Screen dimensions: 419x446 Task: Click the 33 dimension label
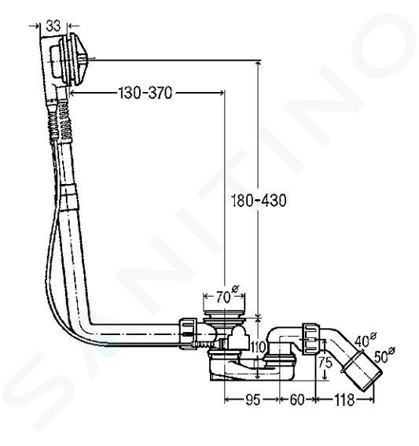click(53, 26)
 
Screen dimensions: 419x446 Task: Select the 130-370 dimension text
click(145, 93)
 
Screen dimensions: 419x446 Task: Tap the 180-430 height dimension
click(259, 201)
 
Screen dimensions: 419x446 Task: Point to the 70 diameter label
click(226, 296)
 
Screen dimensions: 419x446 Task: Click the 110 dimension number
click(258, 348)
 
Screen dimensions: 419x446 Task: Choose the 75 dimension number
click(325, 363)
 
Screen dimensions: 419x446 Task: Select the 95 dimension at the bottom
click(252, 400)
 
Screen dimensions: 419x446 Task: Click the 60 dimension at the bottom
click(297, 400)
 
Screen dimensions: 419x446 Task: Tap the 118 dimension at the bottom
click(344, 400)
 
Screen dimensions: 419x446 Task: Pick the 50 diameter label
click(384, 355)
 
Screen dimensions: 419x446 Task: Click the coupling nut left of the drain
click(188, 334)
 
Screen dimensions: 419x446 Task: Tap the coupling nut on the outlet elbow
click(311, 338)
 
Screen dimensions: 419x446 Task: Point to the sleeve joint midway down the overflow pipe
click(68, 197)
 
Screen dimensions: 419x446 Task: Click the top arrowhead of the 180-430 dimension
click(258, 64)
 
